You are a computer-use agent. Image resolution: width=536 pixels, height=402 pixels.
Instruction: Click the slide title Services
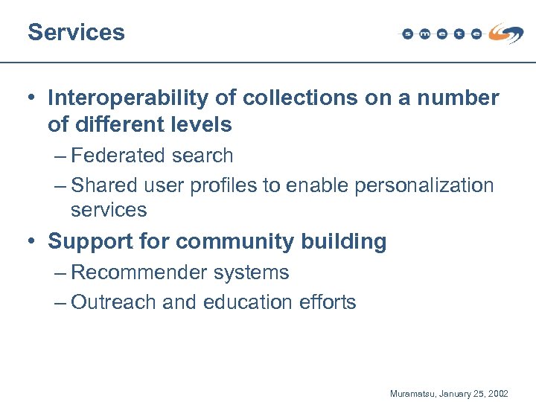[x=76, y=32]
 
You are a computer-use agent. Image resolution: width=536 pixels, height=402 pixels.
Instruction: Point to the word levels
[x=205, y=124]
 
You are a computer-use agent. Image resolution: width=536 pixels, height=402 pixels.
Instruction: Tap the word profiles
[x=225, y=185]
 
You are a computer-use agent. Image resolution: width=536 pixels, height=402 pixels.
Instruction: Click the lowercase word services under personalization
[x=109, y=210]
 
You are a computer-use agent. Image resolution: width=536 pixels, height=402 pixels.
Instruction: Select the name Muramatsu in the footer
[x=414, y=392]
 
